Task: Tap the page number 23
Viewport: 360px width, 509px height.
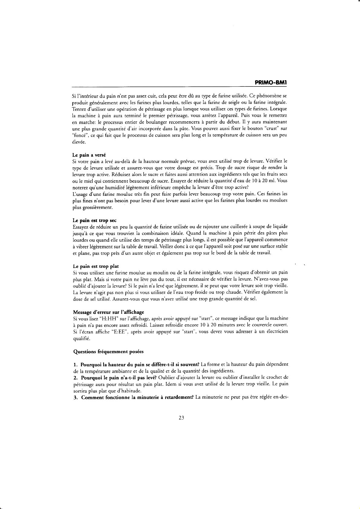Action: click(x=181, y=418)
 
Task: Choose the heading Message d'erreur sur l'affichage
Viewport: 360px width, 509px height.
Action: click(x=109, y=312)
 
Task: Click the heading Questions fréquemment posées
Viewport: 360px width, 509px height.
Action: click(x=109, y=352)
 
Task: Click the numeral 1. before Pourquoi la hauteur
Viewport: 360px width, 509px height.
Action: click(x=76, y=365)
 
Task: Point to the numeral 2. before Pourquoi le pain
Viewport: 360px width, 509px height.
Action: click(x=76, y=378)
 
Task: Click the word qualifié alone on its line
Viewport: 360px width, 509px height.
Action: click(x=81, y=339)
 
